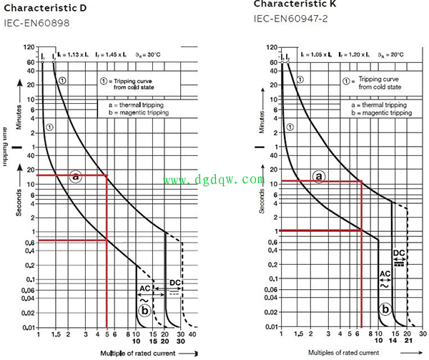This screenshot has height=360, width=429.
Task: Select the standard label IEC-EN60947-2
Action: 289,19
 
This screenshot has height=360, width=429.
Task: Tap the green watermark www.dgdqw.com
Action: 214,180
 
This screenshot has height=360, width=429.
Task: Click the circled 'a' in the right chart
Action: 319,177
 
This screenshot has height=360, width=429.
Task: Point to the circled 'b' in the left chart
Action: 145,310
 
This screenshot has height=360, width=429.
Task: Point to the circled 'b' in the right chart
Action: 385,310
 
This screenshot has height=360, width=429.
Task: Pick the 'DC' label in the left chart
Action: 175,283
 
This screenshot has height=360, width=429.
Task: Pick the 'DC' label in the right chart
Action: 400,253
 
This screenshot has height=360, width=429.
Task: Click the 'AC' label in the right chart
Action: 384,273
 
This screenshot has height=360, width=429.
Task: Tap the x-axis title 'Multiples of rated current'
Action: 343,352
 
